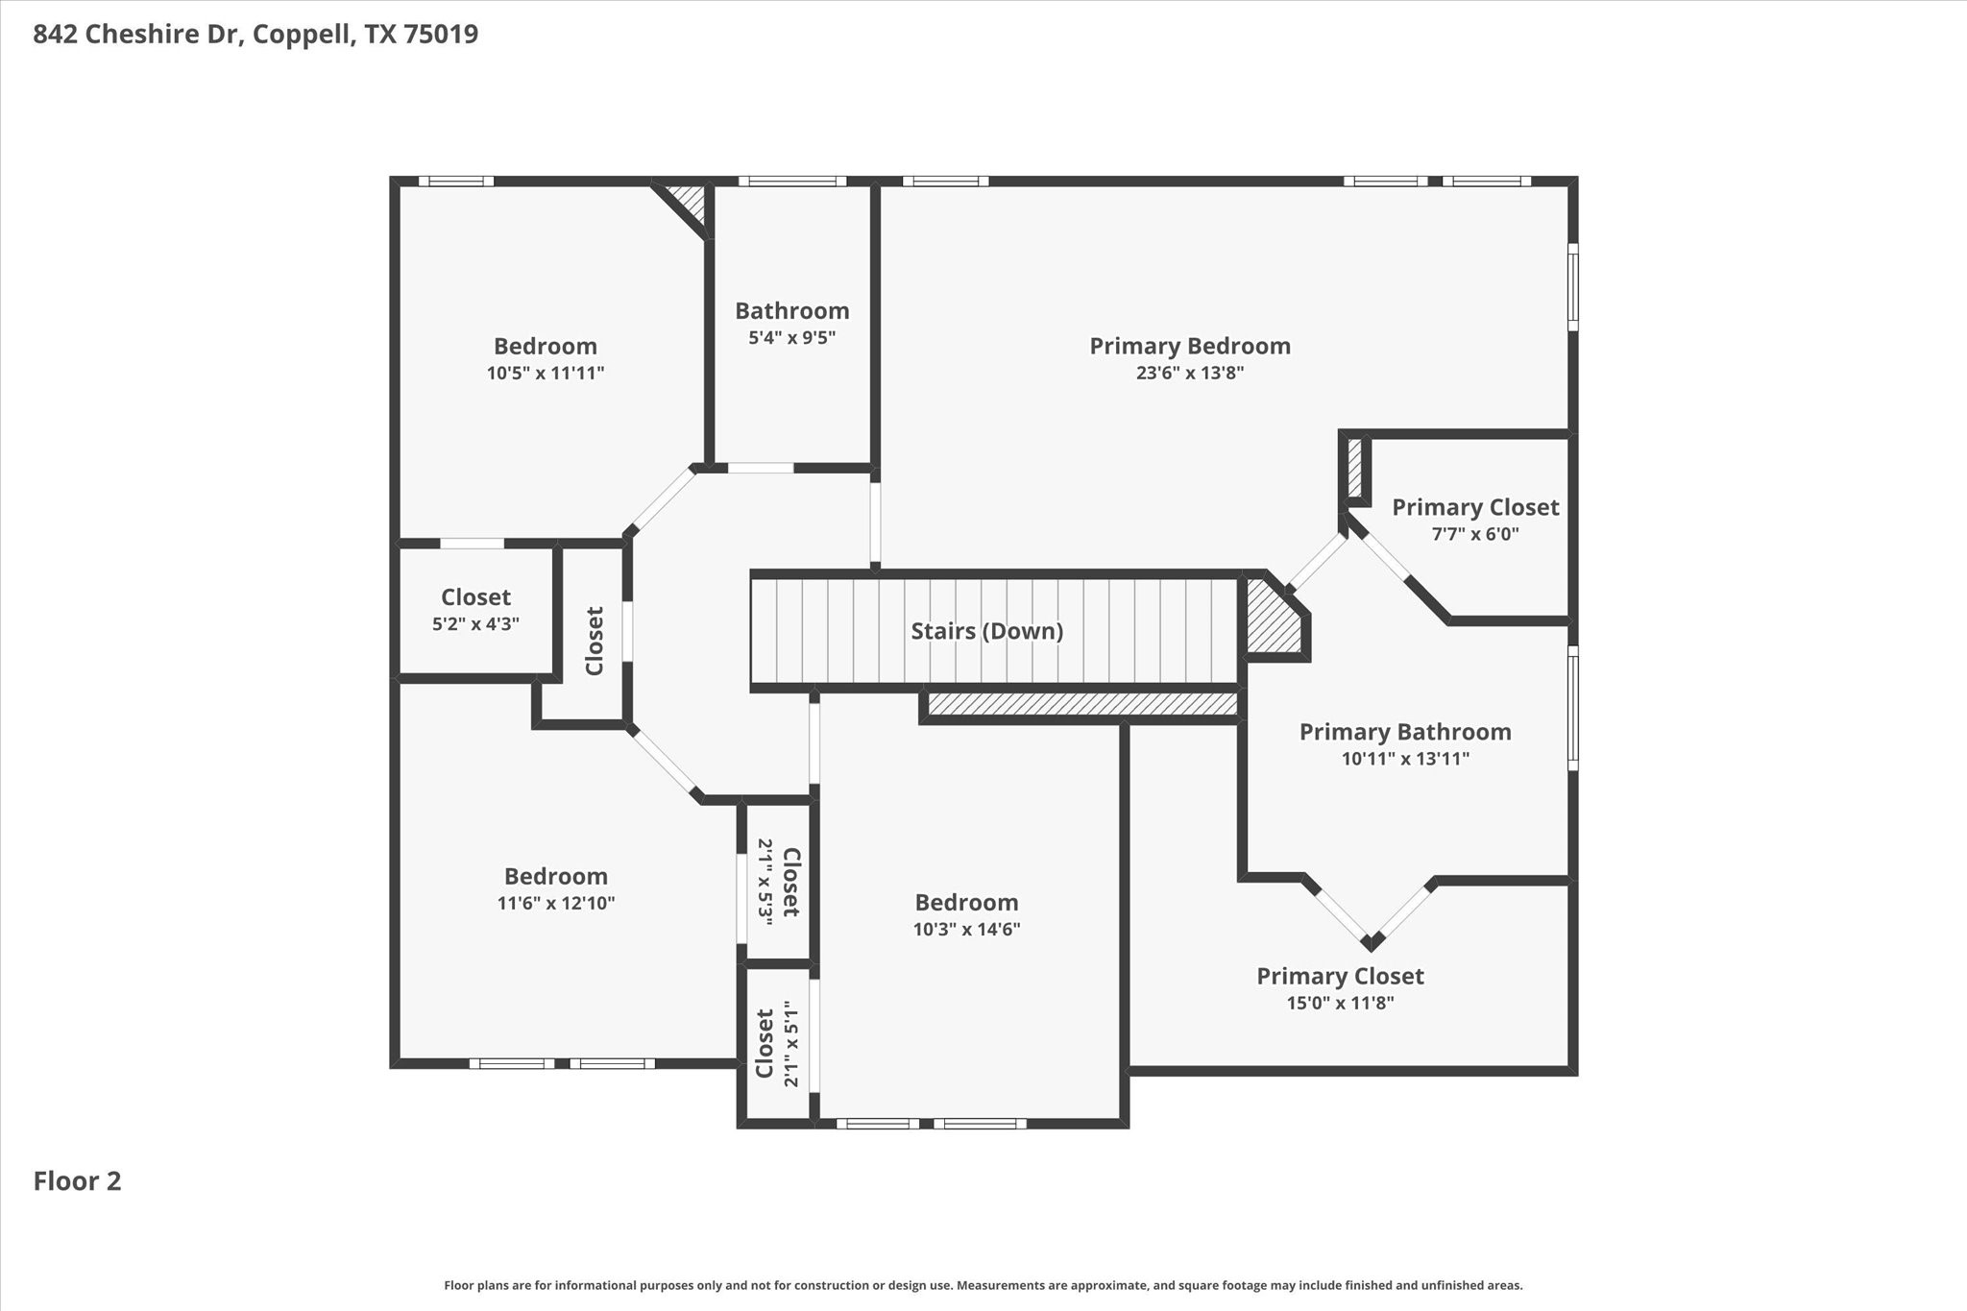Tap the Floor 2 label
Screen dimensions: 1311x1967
coord(78,1181)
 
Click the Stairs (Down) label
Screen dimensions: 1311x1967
coord(986,631)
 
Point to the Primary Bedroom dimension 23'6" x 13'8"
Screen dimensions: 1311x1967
coord(1189,373)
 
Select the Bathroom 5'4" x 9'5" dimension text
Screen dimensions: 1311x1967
coord(791,338)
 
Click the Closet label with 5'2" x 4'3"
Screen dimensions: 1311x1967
coord(475,597)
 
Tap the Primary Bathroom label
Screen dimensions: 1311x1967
coord(1404,732)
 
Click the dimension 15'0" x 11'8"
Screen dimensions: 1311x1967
coord(1340,1004)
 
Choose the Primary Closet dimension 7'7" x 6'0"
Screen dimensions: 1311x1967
coord(1474,534)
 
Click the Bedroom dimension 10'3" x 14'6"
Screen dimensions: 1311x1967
coord(966,930)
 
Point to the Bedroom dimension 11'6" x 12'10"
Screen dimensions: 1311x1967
coord(555,903)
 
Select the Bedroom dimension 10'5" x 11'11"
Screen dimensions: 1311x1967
coord(545,373)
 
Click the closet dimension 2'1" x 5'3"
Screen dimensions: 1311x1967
coord(765,882)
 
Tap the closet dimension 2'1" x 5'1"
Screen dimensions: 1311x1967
coord(790,1044)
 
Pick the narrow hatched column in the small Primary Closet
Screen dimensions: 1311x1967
coord(1355,468)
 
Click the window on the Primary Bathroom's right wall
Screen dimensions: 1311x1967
coord(1572,709)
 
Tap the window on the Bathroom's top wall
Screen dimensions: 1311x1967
coord(791,181)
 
